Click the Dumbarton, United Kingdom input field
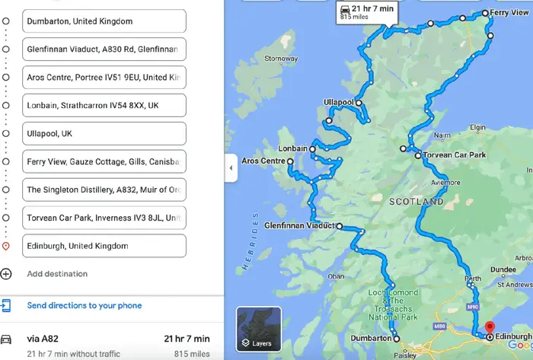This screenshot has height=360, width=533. (x=104, y=21)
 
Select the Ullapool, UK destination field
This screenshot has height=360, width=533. (x=104, y=133)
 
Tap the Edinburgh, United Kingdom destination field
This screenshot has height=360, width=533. (x=104, y=246)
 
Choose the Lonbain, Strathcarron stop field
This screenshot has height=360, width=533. (x=104, y=105)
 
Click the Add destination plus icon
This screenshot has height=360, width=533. (x=7, y=274)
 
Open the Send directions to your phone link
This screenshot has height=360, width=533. (x=84, y=306)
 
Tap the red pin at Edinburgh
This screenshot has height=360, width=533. (x=490, y=329)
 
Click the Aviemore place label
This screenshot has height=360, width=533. (x=445, y=183)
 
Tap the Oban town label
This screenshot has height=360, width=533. (x=336, y=276)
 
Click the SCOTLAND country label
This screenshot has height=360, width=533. (x=416, y=202)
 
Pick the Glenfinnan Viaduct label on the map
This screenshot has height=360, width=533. (x=298, y=226)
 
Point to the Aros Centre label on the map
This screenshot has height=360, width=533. (x=263, y=161)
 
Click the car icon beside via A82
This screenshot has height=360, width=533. (x=7, y=339)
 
